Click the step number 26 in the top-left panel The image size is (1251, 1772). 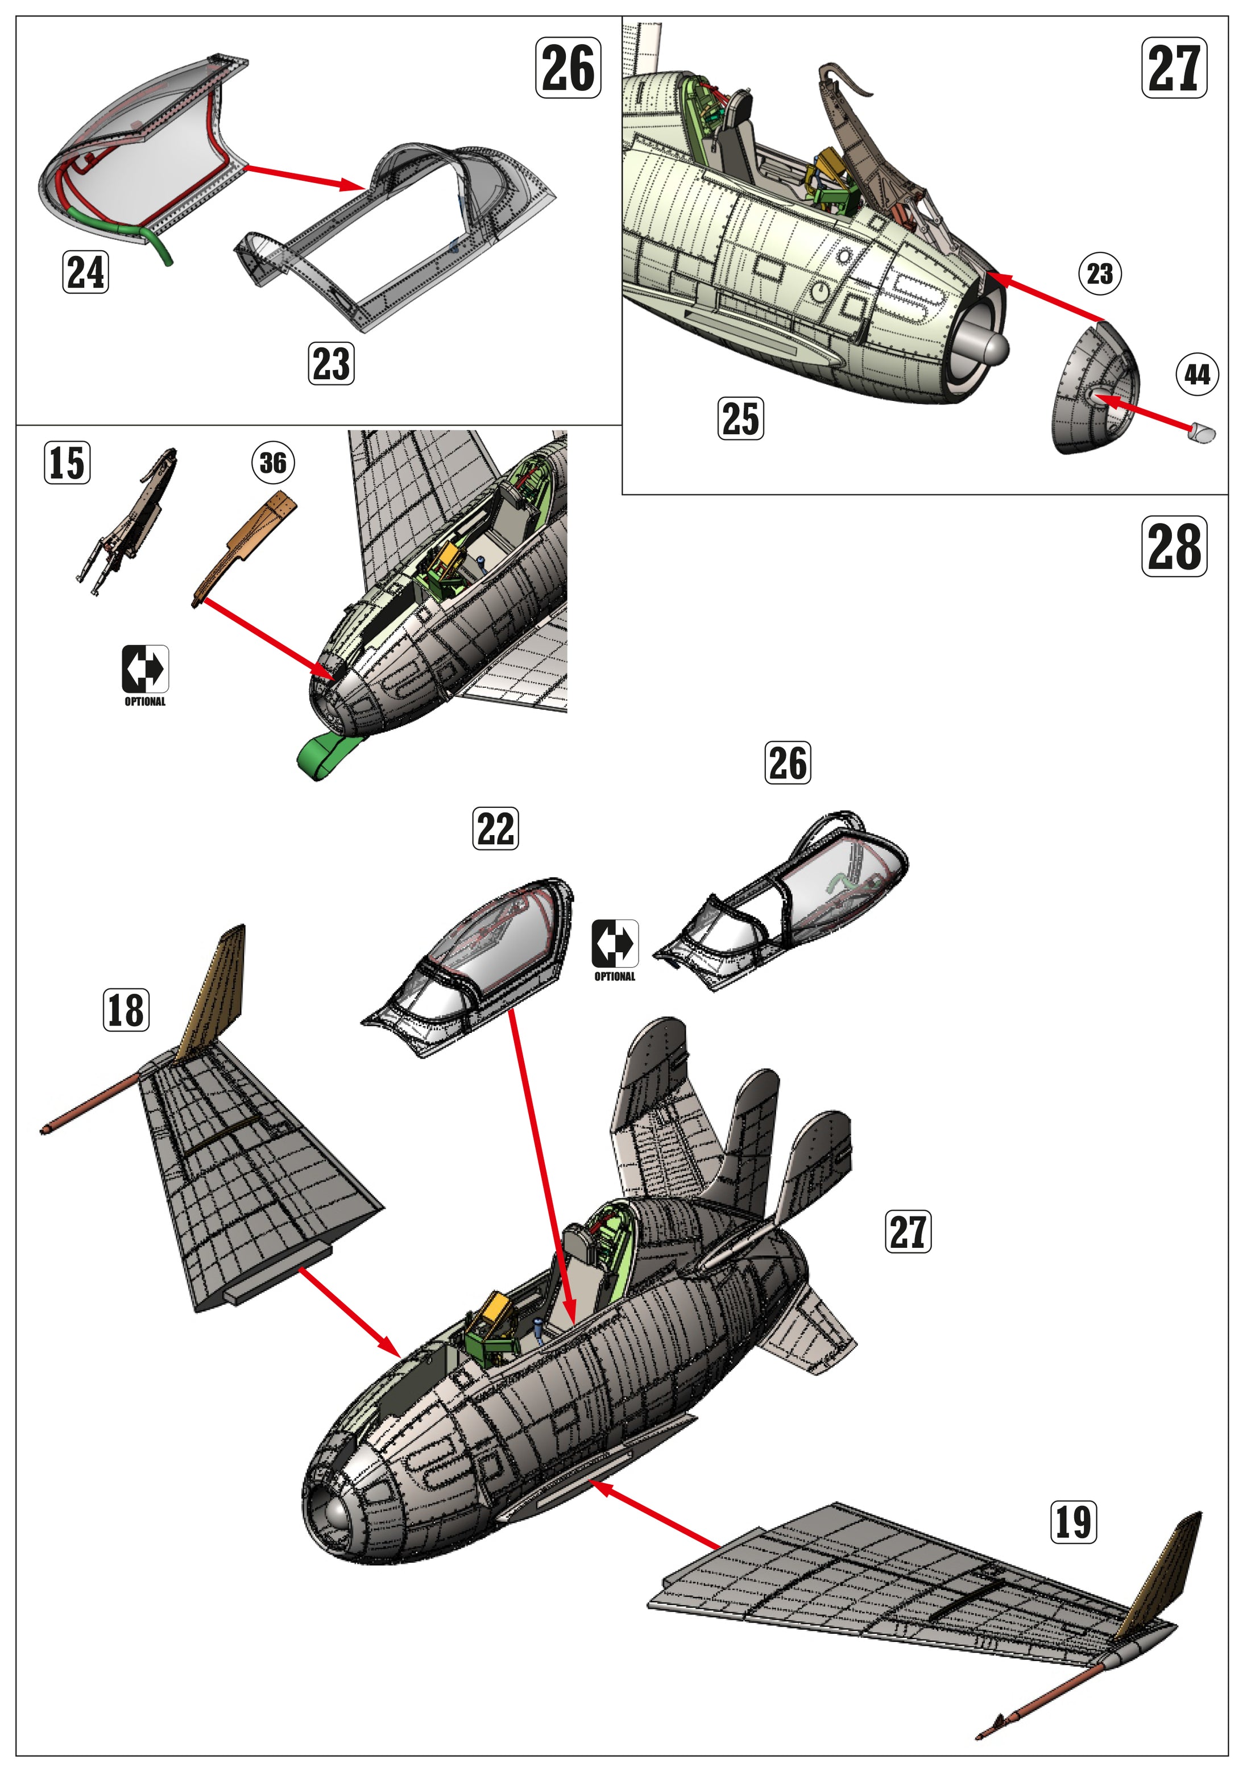pyautogui.click(x=568, y=68)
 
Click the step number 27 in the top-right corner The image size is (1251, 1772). pyautogui.click(x=1174, y=68)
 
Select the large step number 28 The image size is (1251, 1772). pyautogui.click(x=1174, y=546)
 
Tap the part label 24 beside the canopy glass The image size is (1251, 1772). pyautogui.click(x=85, y=272)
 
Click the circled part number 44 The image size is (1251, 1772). pyautogui.click(x=1197, y=375)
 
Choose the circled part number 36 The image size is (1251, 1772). pyautogui.click(x=273, y=463)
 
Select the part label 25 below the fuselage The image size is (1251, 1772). pyautogui.click(x=740, y=418)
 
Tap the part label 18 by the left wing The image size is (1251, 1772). pyautogui.click(x=126, y=1010)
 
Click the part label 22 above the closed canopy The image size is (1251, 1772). pyautogui.click(x=495, y=829)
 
